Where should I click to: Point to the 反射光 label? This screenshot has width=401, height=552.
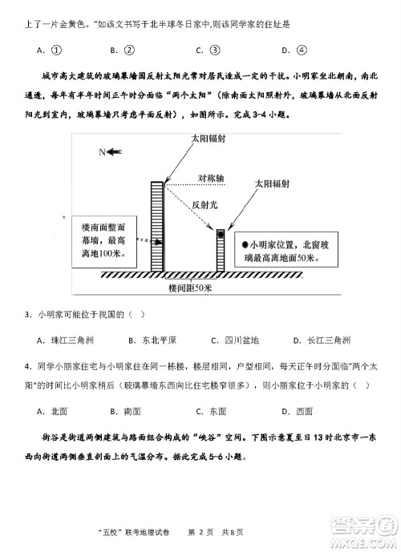point(205,204)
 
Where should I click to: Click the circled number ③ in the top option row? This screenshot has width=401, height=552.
point(215,50)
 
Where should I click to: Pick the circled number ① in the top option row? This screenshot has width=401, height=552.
point(56,50)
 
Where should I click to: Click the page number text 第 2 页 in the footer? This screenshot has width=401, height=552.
point(202,532)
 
